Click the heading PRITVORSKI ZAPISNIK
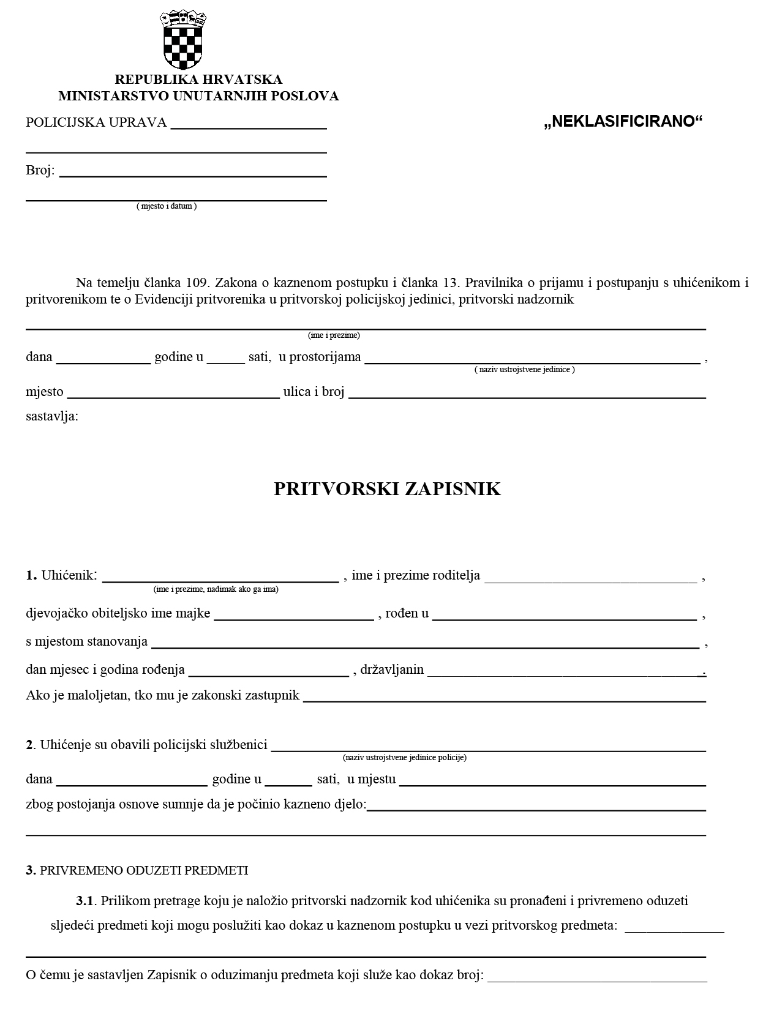(x=387, y=489)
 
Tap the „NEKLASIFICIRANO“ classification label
(x=623, y=122)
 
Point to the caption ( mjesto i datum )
(x=167, y=206)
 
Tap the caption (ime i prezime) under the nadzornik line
(x=334, y=335)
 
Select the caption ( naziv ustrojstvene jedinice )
(x=525, y=370)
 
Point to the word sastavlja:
(x=52, y=417)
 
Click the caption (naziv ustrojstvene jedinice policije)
(x=405, y=758)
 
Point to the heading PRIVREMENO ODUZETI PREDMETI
(x=144, y=870)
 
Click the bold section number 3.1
(x=85, y=901)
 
